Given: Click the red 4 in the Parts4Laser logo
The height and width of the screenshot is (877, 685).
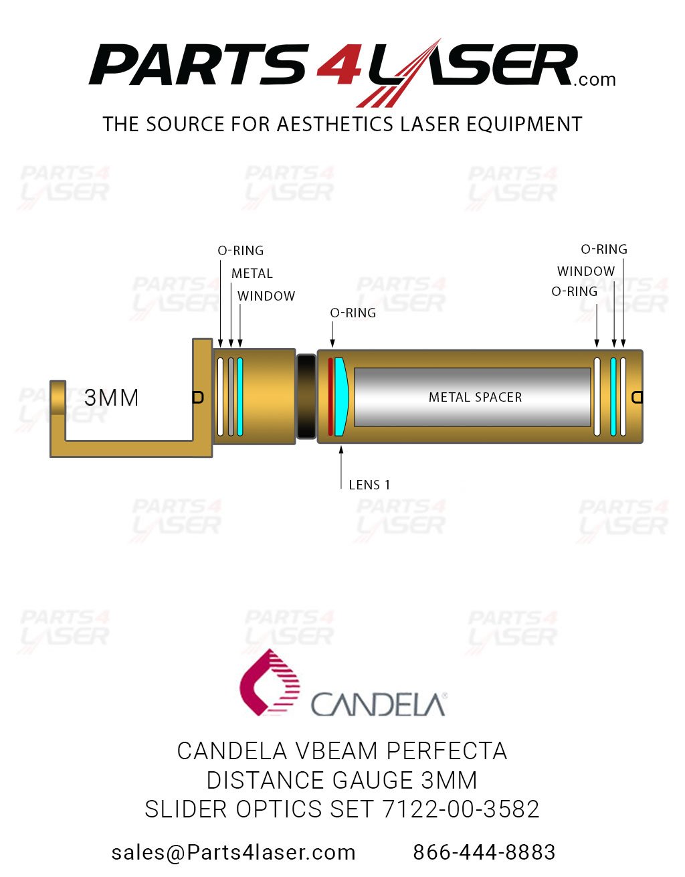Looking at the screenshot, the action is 339,65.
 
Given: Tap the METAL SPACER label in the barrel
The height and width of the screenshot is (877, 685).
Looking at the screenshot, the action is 475,397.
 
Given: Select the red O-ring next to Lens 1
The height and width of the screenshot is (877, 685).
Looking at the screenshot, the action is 330,397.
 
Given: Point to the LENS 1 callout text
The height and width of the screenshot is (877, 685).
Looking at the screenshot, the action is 369,485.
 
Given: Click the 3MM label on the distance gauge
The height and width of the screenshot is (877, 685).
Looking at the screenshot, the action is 112,398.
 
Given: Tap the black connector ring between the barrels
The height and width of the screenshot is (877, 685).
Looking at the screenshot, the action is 306,396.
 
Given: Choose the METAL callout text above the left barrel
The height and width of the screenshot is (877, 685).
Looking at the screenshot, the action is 252,273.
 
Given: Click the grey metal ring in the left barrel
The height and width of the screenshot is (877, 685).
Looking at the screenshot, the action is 231,397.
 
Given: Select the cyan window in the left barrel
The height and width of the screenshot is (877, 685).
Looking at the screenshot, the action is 240,397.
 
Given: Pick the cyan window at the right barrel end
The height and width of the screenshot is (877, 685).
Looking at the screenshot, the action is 613,397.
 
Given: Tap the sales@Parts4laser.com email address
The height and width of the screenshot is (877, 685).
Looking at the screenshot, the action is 233,852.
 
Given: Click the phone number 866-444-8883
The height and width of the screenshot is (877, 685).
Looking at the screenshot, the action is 484,852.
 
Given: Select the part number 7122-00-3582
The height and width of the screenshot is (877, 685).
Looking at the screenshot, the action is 460,809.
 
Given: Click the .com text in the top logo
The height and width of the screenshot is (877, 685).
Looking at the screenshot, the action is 594,80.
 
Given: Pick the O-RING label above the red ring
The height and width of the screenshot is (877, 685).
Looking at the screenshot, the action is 353,313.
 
